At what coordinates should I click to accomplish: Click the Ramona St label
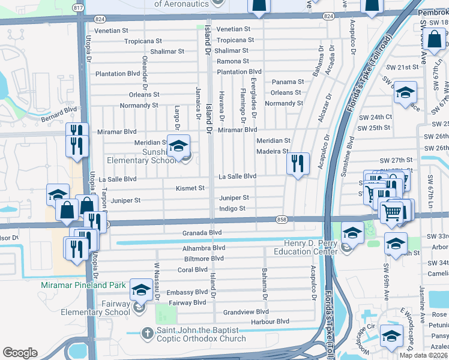(232, 61)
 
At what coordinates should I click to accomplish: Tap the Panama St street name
(288, 82)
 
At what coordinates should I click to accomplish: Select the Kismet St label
(190, 188)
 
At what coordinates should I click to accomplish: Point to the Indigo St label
(232, 209)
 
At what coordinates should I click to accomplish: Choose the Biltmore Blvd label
(204, 259)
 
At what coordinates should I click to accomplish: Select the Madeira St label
(273, 151)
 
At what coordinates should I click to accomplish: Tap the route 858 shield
(282, 220)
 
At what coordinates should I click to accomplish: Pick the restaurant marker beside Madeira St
(297, 163)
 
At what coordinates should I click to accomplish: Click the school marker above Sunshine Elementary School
(178, 146)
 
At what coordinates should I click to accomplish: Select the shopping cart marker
(391, 211)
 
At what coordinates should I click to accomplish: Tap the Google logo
(20, 353)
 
